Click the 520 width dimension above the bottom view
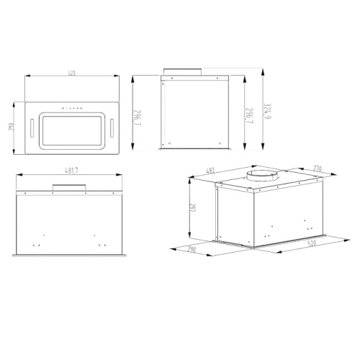(x=72, y=72)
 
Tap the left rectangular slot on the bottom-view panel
(x=32, y=128)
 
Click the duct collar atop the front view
(x=69, y=189)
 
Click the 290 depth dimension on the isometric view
(x=192, y=250)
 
